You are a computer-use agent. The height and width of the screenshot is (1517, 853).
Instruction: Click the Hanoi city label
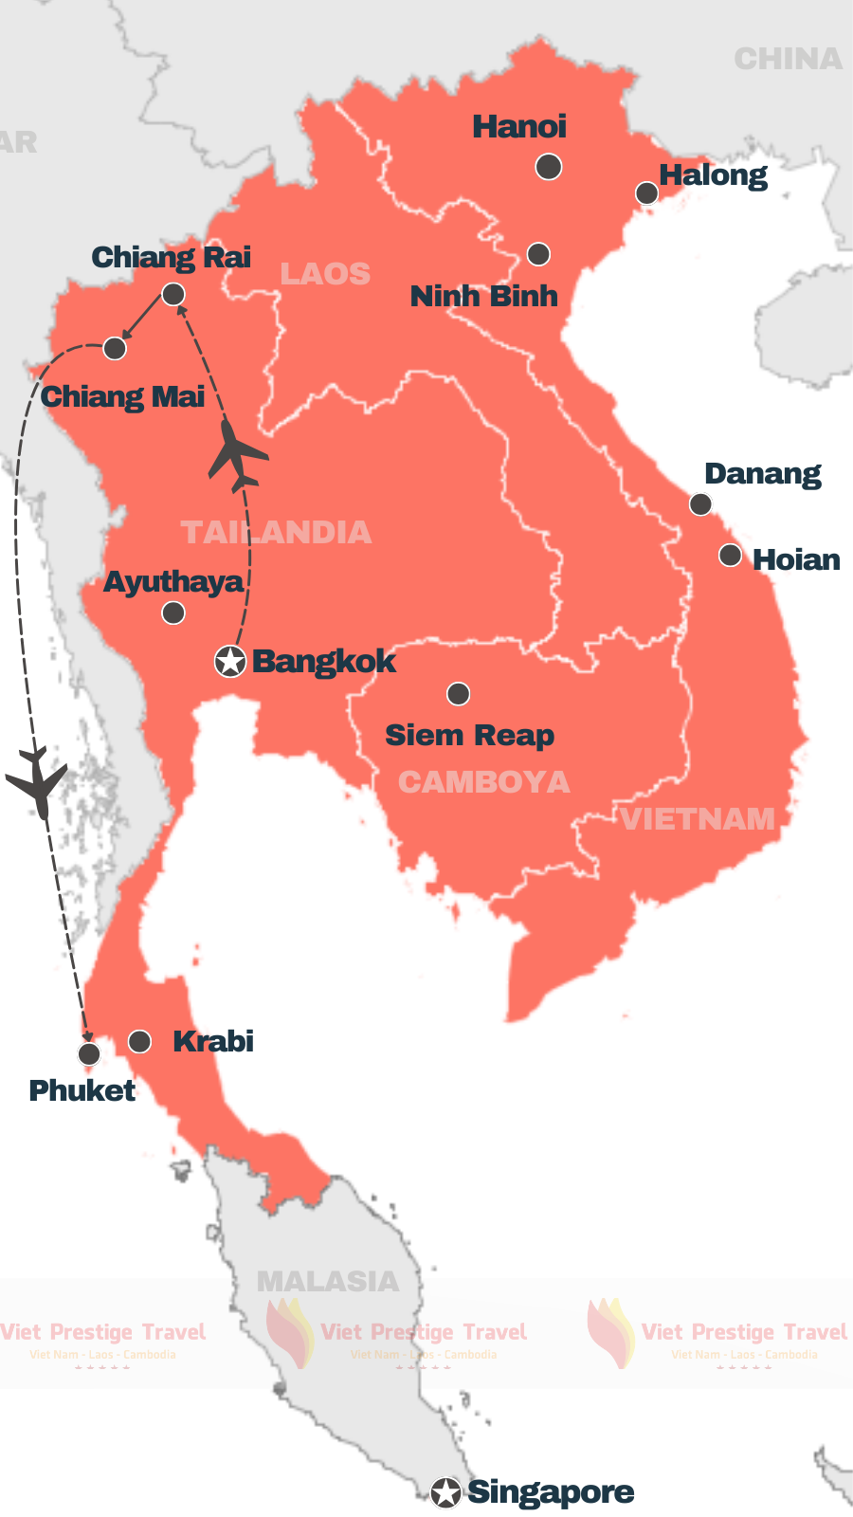point(519,127)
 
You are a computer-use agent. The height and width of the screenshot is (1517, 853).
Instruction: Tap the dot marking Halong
point(646,193)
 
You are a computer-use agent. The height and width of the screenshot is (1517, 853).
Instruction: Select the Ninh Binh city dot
point(538,254)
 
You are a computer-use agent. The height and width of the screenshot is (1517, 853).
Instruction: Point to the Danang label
point(762,474)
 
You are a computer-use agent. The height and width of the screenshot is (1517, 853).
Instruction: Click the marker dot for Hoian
point(730,556)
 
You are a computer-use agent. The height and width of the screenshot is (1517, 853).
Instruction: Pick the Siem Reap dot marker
point(459,694)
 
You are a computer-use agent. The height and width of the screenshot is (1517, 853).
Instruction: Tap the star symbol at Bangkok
point(230,661)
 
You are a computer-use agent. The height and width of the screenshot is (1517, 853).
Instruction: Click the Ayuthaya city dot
point(173,613)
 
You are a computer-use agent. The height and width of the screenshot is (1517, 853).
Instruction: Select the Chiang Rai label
point(172,257)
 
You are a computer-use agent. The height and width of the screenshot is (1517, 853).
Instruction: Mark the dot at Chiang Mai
point(115,349)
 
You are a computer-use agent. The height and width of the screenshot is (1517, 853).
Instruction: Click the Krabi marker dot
point(140,1042)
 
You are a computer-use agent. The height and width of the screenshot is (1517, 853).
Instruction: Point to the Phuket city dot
point(89,1054)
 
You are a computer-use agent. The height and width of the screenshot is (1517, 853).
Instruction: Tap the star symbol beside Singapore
point(445,1492)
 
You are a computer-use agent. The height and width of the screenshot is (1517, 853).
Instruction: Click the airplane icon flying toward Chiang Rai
point(237,455)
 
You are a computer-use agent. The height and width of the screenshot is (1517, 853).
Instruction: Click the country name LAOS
point(325,274)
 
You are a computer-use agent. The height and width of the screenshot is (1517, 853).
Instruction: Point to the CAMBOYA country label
point(483,782)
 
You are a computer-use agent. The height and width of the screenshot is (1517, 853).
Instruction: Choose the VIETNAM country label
point(699,819)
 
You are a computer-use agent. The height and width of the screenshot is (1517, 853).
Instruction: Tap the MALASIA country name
point(328,1282)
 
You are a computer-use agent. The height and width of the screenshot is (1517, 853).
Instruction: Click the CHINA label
point(788,60)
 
